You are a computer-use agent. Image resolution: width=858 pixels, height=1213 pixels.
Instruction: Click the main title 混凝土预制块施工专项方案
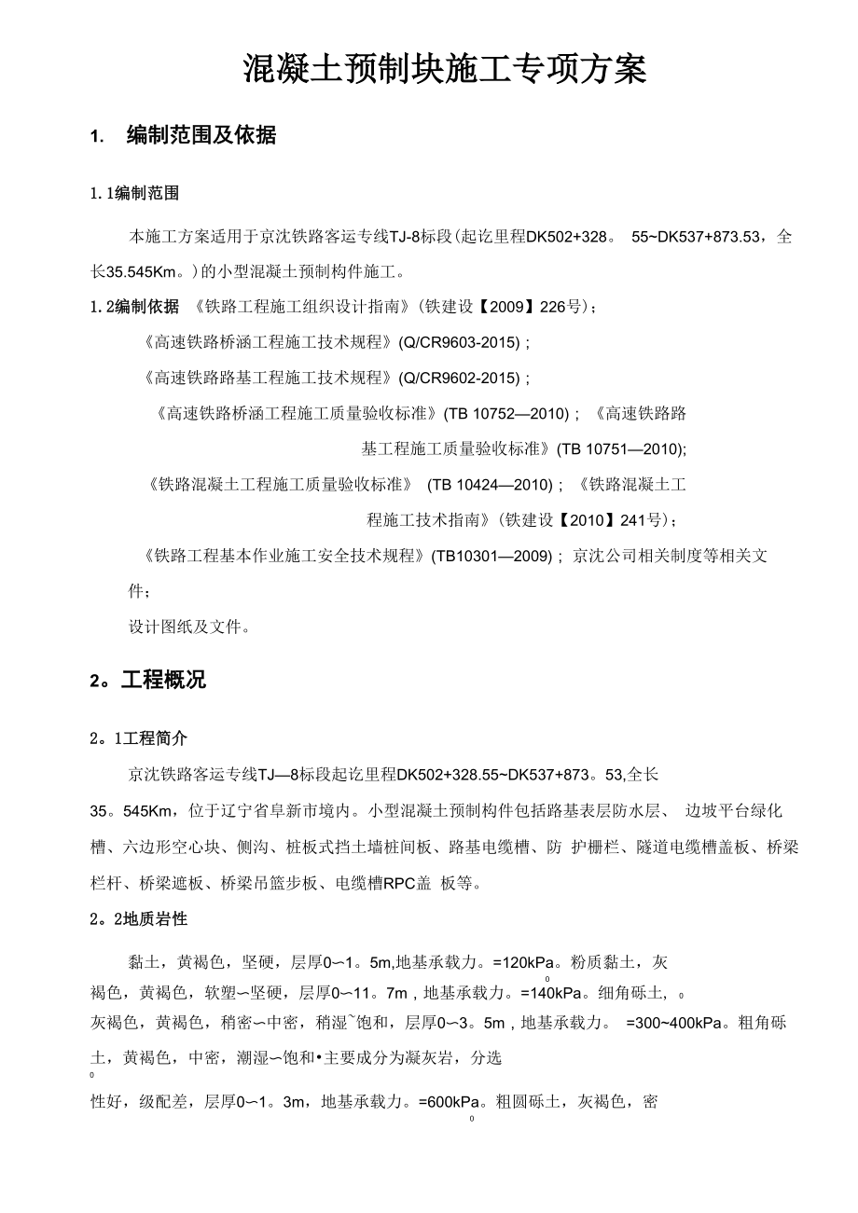click(445, 70)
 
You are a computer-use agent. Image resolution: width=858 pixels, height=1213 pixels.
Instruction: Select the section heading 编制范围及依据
click(201, 136)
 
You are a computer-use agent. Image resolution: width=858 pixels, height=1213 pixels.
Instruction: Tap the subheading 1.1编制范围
click(135, 194)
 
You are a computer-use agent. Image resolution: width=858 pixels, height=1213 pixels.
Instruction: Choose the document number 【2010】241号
click(620, 519)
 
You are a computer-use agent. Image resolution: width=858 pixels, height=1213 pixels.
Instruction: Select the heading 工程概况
click(163, 681)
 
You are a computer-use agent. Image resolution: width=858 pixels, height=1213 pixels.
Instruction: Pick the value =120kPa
click(529, 961)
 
